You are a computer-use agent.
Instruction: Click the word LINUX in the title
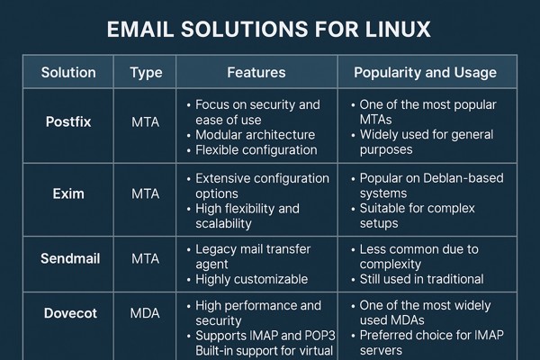[x=398, y=29]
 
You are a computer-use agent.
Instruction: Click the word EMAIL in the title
[x=140, y=29]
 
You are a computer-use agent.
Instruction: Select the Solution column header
[x=68, y=72]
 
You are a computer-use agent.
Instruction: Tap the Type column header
[x=146, y=73]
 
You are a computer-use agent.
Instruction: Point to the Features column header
[x=256, y=72]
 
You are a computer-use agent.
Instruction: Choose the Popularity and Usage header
[x=426, y=73]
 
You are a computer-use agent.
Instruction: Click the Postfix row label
[x=68, y=121]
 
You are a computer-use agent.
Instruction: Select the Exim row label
[x=68, y=193]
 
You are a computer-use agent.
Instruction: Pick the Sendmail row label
[x=70, y=258]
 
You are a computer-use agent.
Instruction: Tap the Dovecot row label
[x=70, y=313]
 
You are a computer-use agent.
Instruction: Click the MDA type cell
[x=145, y=313]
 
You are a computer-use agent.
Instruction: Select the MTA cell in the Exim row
[x=145, y=193]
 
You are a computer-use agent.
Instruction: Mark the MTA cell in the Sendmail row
[x=145, y=258]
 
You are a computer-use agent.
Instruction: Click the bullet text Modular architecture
[x=256, y=135]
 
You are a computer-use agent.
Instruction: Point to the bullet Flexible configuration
[x=256, y=150]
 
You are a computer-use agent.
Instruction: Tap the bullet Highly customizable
[x=252, y=279]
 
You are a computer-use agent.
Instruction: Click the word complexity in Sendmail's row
[x=391, y=265]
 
